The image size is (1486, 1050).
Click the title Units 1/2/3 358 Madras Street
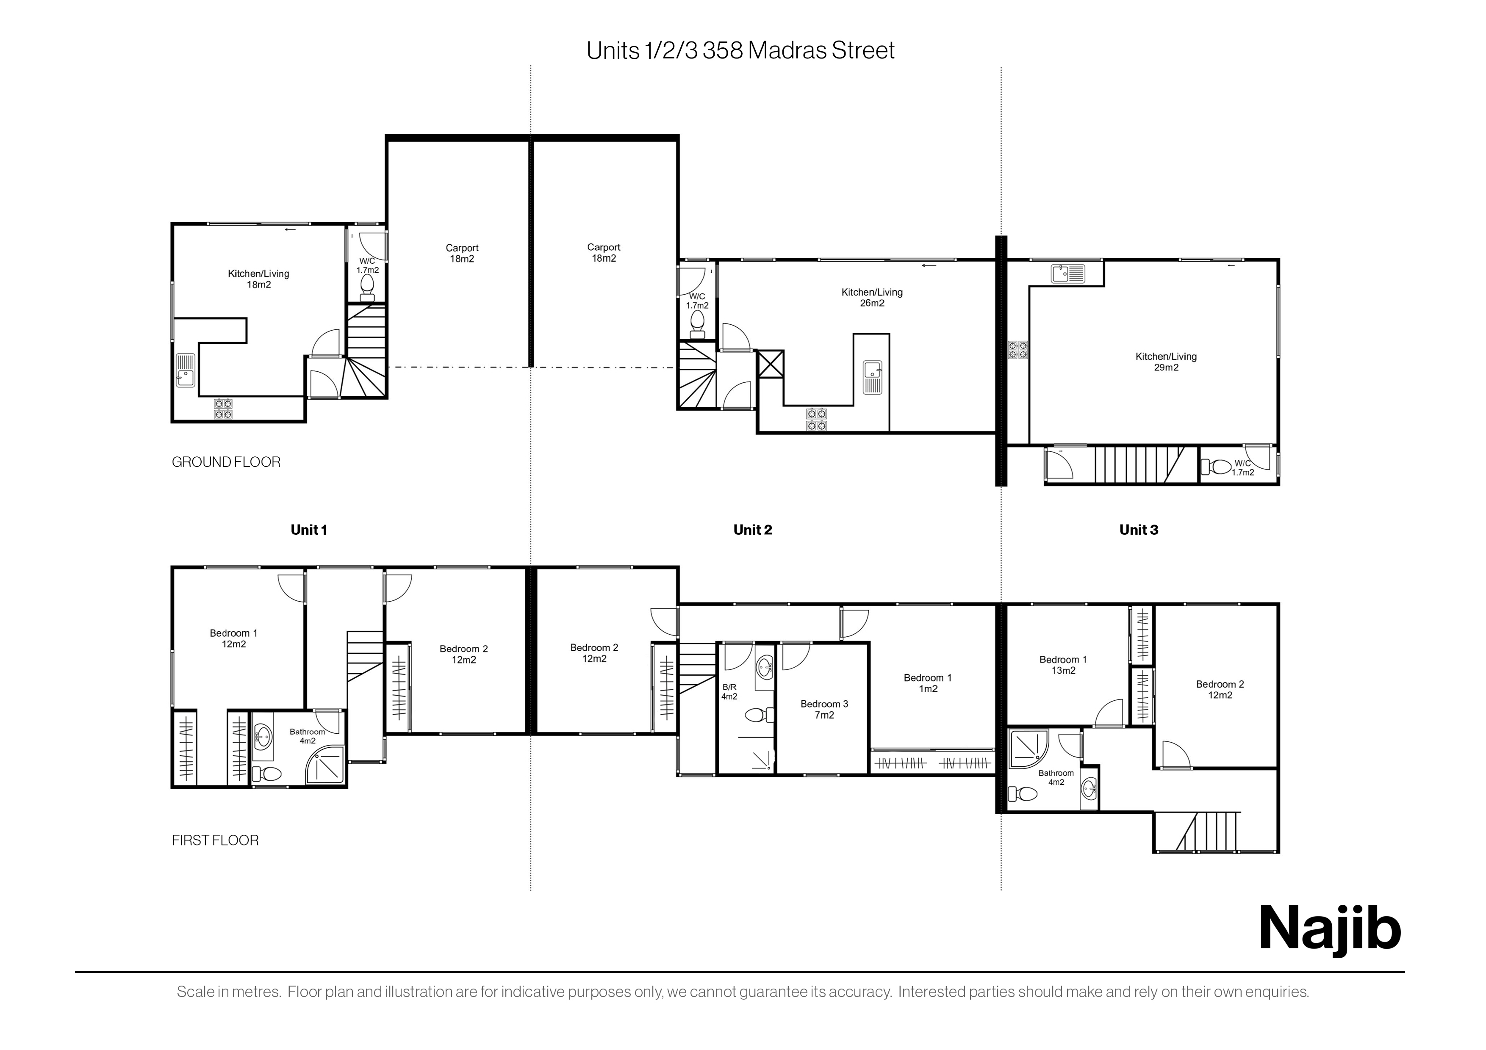(740, 50)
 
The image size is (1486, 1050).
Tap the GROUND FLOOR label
(226, 462)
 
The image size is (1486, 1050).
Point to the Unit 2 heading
(753, 530)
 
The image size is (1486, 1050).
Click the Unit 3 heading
(1139, 530)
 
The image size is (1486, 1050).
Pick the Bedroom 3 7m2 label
(824, 709)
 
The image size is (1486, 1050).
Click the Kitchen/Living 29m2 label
(1166, 362)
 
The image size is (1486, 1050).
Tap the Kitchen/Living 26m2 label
(872, 298)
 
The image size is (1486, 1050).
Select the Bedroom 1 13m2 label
(1063, 665)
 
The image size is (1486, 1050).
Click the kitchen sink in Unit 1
(186, 370)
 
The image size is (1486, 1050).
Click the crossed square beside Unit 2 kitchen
(771, 364)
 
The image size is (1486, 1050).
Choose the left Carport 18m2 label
(462, 253)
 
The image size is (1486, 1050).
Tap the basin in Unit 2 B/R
(765, 666)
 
